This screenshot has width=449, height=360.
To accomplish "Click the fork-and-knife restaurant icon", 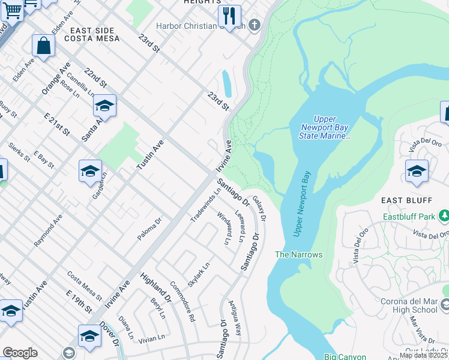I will (x=229, y=17).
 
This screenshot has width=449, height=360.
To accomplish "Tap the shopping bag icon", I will (x=43, y=46).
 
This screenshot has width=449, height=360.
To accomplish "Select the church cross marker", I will (x=255, y=25).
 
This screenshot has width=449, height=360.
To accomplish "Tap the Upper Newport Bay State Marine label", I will (x=325, y=128).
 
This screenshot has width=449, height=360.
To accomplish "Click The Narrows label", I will (x=298, y=254).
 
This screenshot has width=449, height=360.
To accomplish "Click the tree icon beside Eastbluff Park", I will (x=444, y=215).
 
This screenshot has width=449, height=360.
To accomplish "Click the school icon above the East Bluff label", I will (x=417, y=172).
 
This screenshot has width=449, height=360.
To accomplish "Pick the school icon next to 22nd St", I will (x=104, y=106).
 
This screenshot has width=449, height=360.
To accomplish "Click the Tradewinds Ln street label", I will (x=197, y=205).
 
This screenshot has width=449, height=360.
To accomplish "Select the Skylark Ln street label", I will (x=199, y=274).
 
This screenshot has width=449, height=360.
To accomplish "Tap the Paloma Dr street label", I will (x=149, y=229).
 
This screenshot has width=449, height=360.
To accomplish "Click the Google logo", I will (x=20, y=353).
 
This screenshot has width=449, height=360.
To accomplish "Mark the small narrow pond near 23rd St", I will (x=226, y=83).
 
